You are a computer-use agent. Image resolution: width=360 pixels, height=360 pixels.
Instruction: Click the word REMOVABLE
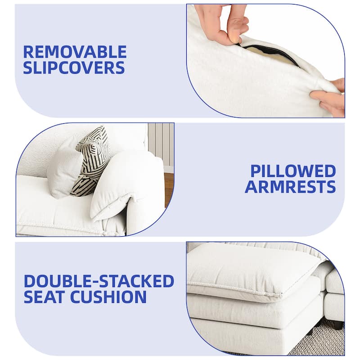[75, 52]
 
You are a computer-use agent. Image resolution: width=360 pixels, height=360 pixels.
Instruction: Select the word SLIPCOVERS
[74, 67]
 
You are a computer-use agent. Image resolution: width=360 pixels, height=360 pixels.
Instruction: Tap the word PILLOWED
[293, 171]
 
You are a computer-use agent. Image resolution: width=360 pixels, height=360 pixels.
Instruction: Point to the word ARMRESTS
[290, 186]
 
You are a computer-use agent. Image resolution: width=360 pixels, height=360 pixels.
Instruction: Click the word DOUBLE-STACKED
[99, 281]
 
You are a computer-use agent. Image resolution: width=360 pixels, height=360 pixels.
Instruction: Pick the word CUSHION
[108, 297]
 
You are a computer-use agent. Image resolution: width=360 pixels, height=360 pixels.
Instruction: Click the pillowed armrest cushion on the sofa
[126, 186]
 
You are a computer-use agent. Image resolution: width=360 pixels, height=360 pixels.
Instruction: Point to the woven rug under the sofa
[321, 340]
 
